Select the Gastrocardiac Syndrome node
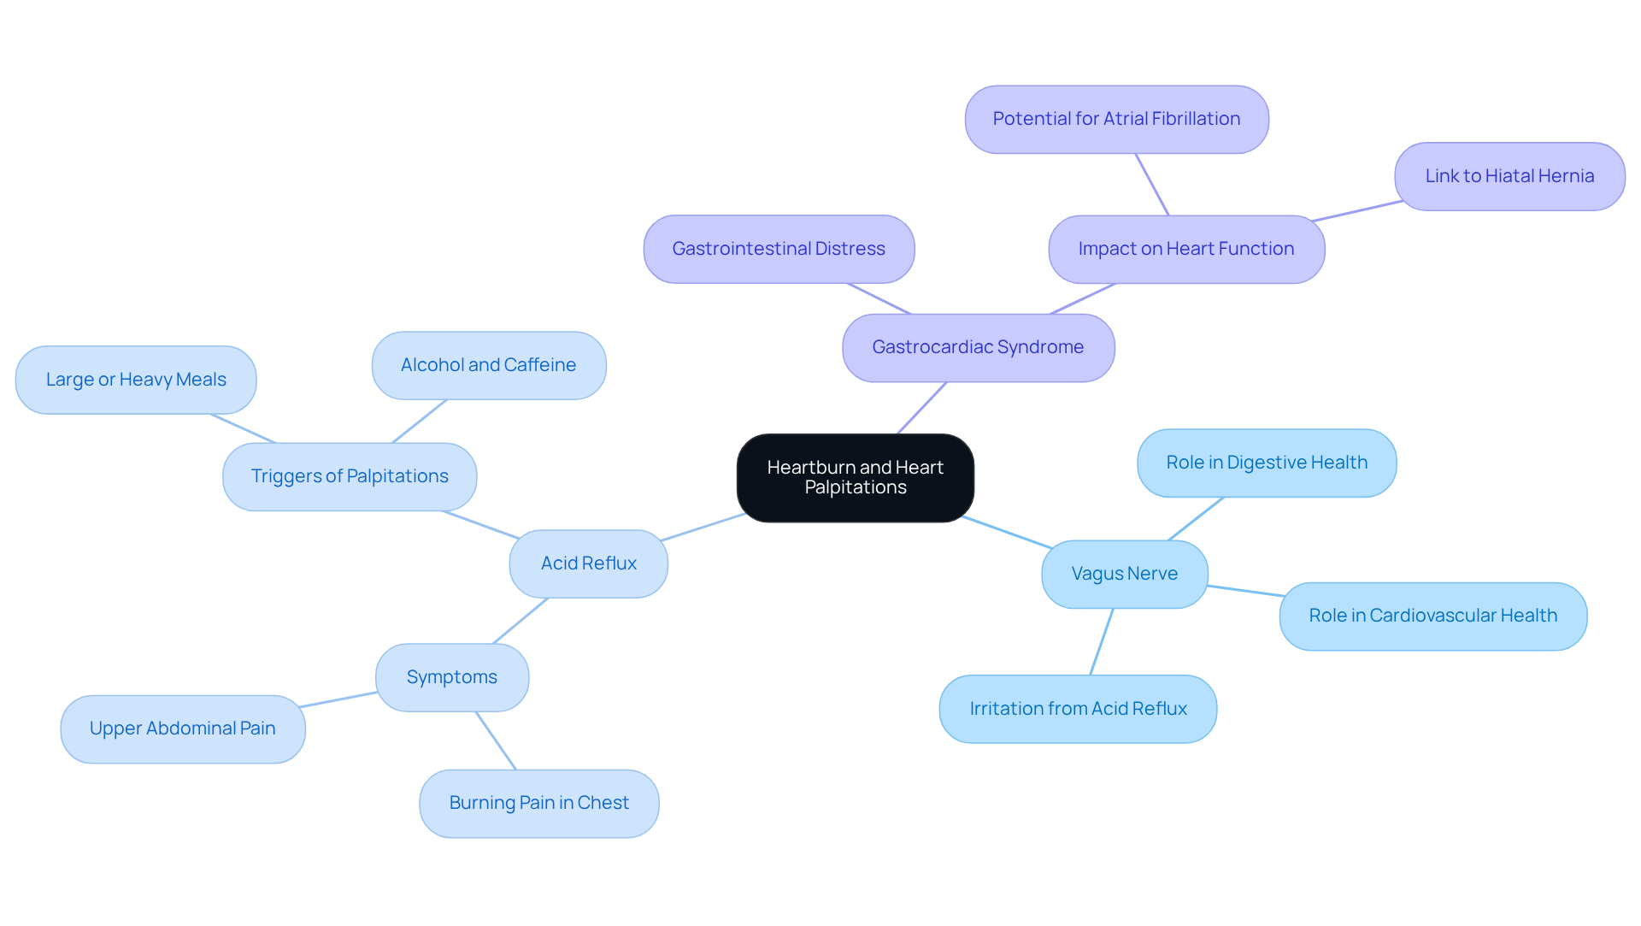(x=978, y=347)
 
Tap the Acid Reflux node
(x=588, y=563)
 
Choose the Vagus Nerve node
(x=1124, y=574)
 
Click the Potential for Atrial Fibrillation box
(x=1116, y=119)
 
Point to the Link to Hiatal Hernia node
(x=1509, y=176)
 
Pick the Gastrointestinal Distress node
(x=779, y=249)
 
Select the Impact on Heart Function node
(x=1186, y=249)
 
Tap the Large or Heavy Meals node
(x=136, y=380)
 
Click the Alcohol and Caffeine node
(x=489, y=365)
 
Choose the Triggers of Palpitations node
(x=350, y=476)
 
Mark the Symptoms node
(x=452, y=677)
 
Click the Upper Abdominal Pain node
(x=183, y=728)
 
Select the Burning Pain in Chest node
(x=539, y=803)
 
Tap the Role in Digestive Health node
(x=1267, y=463)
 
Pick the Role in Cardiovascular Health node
(x=1433, y=616)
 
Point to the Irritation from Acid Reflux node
(x=1078, y=709)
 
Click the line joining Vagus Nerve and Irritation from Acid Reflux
(x=1102, y=641)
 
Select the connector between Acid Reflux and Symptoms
(x=521, y=621)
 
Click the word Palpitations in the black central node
(x=856, y=488)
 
